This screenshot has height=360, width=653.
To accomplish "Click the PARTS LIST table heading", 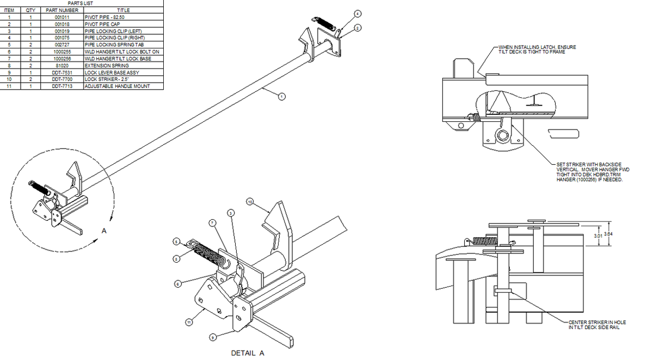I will pos(82,3).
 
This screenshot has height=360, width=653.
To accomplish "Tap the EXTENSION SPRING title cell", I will pos(107,65).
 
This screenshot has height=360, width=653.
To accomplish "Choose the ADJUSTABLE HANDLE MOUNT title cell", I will pos(116,86).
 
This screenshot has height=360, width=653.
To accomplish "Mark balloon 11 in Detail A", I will pos(189,322).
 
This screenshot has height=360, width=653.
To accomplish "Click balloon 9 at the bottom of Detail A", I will pos(213,337).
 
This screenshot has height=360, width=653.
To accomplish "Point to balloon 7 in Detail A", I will pos(212,222).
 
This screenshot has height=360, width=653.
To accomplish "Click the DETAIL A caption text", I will pos(248,353).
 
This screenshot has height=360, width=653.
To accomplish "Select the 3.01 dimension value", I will pos(597,237).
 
